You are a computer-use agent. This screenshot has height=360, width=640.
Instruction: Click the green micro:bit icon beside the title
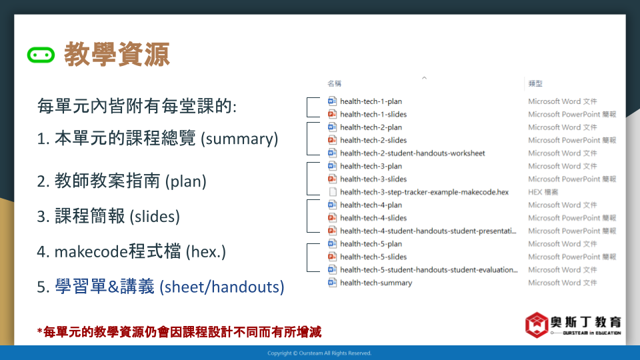[41, 55]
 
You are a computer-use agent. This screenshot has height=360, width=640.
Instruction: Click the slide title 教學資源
[117, 54]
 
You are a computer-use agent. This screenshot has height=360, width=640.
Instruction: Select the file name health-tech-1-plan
[371, 101]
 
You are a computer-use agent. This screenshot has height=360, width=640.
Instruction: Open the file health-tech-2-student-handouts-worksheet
[412, 153]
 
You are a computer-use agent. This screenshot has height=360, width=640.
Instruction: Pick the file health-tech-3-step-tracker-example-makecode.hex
[424, 192]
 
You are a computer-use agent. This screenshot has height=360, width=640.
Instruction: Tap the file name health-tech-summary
[376, 283]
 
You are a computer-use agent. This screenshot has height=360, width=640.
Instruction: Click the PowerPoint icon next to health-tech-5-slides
[332, 257]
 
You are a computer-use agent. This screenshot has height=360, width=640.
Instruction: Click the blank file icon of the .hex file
[333, 192]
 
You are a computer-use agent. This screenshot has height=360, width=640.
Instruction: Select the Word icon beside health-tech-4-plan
[332, 205]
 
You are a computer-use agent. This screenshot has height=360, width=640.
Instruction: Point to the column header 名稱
[334, 84]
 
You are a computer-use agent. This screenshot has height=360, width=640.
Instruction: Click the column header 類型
[535, 84]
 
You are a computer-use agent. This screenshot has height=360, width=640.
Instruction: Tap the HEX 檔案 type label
[543, 192]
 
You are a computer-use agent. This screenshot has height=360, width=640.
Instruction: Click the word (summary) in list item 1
[239, 139]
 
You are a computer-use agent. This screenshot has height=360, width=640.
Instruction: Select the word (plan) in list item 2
[186, 181]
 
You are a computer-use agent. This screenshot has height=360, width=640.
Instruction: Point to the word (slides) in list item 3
[155, 216]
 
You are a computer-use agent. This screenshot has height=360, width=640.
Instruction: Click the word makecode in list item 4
[91, 252]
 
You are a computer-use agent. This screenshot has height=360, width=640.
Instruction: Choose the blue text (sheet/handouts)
[221, 287]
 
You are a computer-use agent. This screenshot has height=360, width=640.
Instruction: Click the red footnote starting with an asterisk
[179, 332]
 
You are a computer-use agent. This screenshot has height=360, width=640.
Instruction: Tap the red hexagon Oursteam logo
[536, 325]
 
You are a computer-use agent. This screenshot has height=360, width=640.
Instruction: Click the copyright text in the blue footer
[319, 353]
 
